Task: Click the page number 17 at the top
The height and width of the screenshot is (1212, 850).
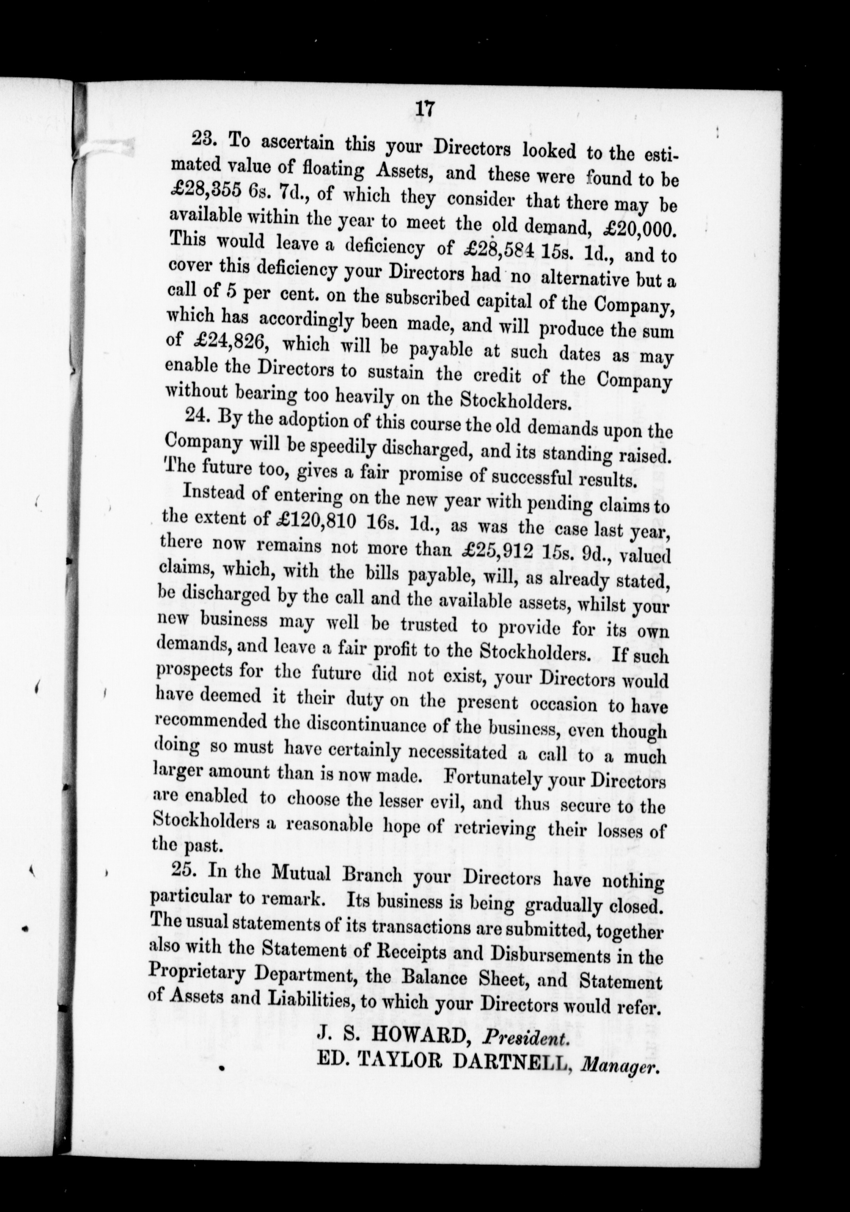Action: [x=425, y=109]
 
